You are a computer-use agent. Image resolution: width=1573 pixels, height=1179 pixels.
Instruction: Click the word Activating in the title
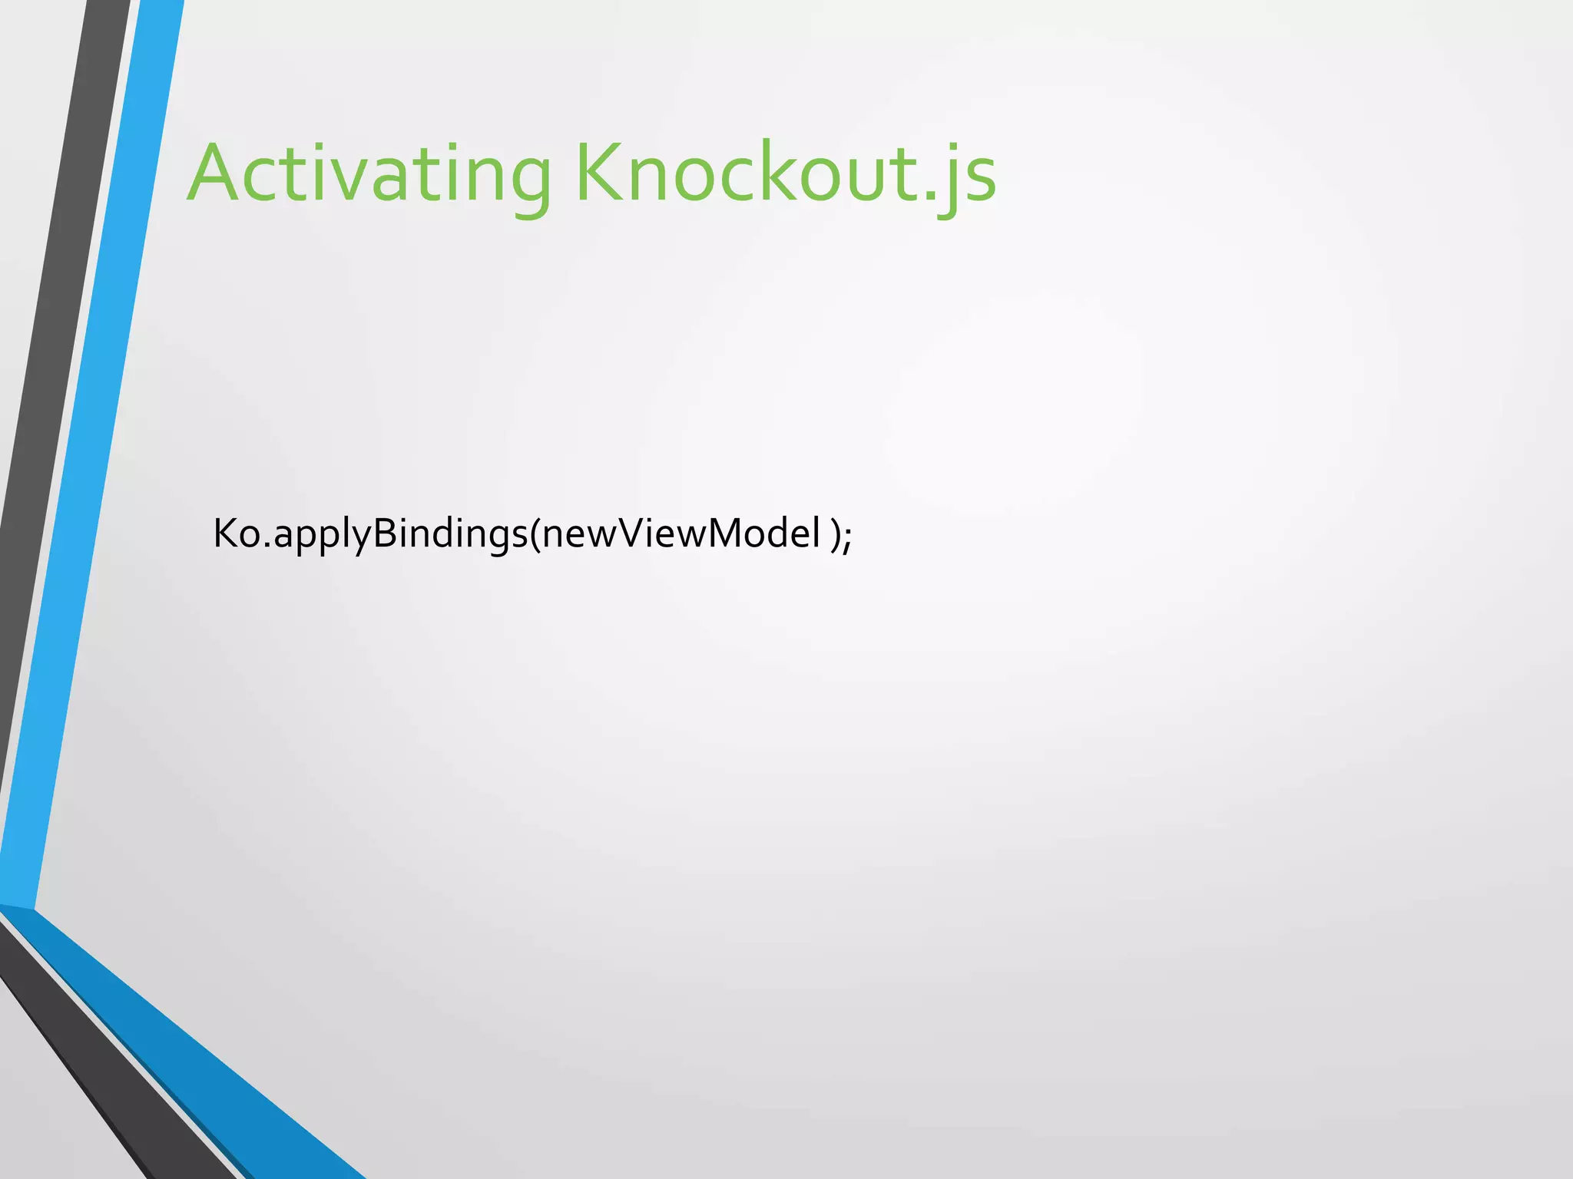369,175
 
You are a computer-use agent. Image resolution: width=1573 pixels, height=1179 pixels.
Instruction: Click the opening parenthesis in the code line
535,535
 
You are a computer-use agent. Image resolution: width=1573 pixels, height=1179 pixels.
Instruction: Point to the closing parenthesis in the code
836,535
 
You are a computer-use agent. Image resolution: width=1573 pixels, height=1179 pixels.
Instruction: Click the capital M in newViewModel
726,533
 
